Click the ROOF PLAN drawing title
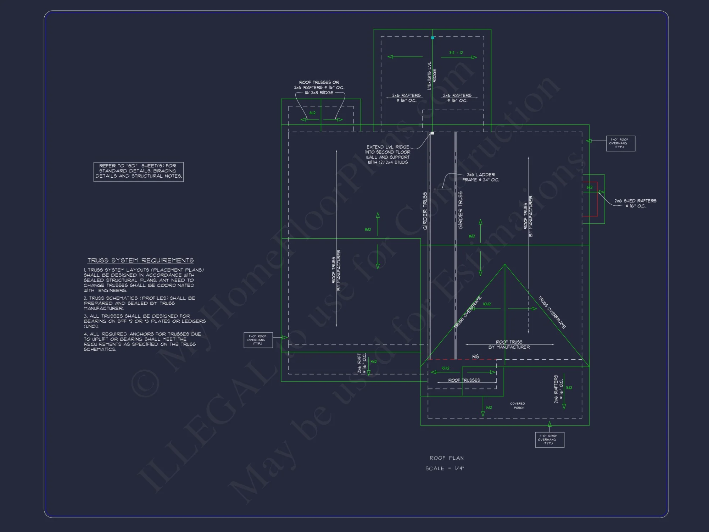(x=447, y=458)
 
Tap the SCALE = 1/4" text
(x=445, y=469)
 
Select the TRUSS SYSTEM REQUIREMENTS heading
(x=140, y=260)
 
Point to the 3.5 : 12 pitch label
(x=456, y=53)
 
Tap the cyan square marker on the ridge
(x=432, y=38)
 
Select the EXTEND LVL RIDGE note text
(x=388, y=155)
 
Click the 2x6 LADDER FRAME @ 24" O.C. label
(x=481, y=177)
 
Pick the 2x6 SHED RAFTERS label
(x=635, y=203)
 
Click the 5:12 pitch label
(x=589, y=187)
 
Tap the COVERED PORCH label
(x=518, y=406)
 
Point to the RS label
(x=475, y=356)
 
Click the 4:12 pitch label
(x=374, y=362)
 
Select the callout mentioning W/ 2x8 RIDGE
(x=319, y=88)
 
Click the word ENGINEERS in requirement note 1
(x=112, y=290)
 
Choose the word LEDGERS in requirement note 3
(x=194, y=321)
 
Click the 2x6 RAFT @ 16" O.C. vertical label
(x=362, y=363)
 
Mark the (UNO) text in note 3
(x=91, y=326)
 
